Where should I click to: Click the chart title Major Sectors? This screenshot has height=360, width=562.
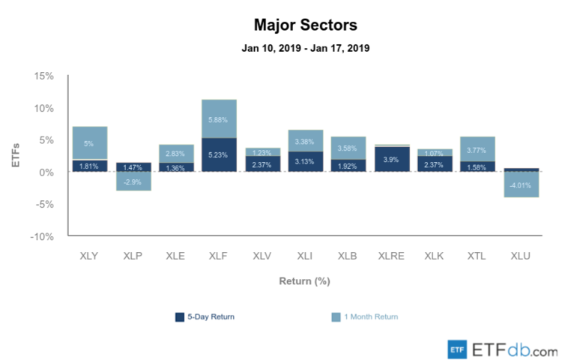tap(305, 25)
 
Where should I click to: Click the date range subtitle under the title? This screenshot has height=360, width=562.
tap(305, 48)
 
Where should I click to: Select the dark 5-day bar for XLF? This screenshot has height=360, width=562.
tap(219, 155)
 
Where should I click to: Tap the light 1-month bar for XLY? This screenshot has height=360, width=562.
tap(89, 142)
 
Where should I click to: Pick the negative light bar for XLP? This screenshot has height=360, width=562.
tap(133, 181)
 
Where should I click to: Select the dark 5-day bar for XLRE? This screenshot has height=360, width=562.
tap(391, 159)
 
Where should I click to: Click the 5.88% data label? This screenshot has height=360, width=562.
tap(219, 118)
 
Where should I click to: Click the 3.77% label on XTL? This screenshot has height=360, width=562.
tap(477, 148)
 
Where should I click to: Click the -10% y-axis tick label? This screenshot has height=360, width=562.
tap(43, 236)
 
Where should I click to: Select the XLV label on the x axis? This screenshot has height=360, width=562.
tap(262, 256)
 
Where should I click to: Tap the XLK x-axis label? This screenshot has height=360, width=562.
tap(434, 256)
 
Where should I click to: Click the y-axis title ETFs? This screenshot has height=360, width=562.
tap(16, 156)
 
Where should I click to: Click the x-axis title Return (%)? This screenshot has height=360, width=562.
tap(305, 282)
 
